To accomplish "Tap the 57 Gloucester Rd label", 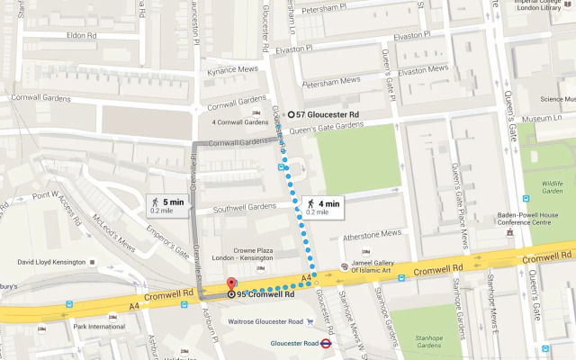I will click(x=327, y=115).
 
